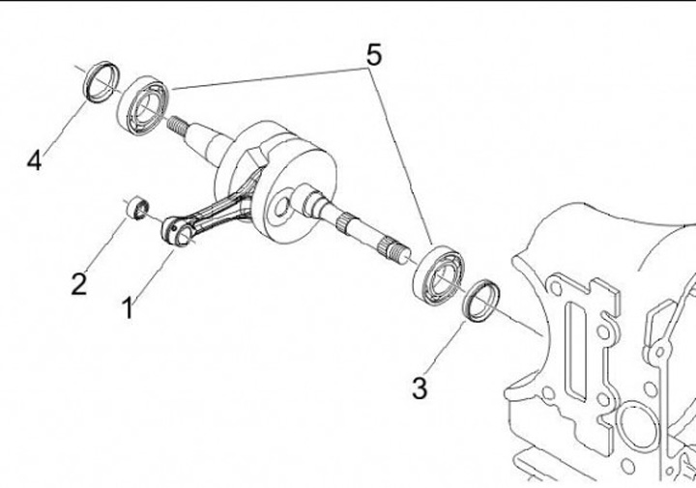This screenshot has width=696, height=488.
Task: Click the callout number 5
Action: pyautogui.click(x=372, y=55)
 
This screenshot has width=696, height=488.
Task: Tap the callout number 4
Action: pyautogui.click(x=35, y=160)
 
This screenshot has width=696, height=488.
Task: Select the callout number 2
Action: pyautogui.click(x=79, y=283)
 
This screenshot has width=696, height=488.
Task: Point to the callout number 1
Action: pyautogui.click(x=127, y=308)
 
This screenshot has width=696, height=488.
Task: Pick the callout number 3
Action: pyautogui.click(x=419, y=388)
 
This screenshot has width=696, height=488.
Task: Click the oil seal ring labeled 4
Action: pyautogui.click(x=100, y=79)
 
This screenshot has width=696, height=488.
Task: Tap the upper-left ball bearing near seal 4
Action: pyautogui.click(x=142, y=103)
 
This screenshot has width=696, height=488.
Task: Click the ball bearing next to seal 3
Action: pyautogui.click(x=437, y=275)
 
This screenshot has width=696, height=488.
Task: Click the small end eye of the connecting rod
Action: pyautogui.click(x=174, y=230)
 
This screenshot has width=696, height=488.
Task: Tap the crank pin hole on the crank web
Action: pyautogui.click(x=281, y=206)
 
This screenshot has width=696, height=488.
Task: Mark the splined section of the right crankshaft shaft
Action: pyautogui.click(x=389, y=249)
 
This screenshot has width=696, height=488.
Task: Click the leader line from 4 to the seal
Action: pyautogui.click(x=62, y=127)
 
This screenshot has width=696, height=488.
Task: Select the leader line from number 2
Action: pyautogui.click(x=105, y=246)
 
